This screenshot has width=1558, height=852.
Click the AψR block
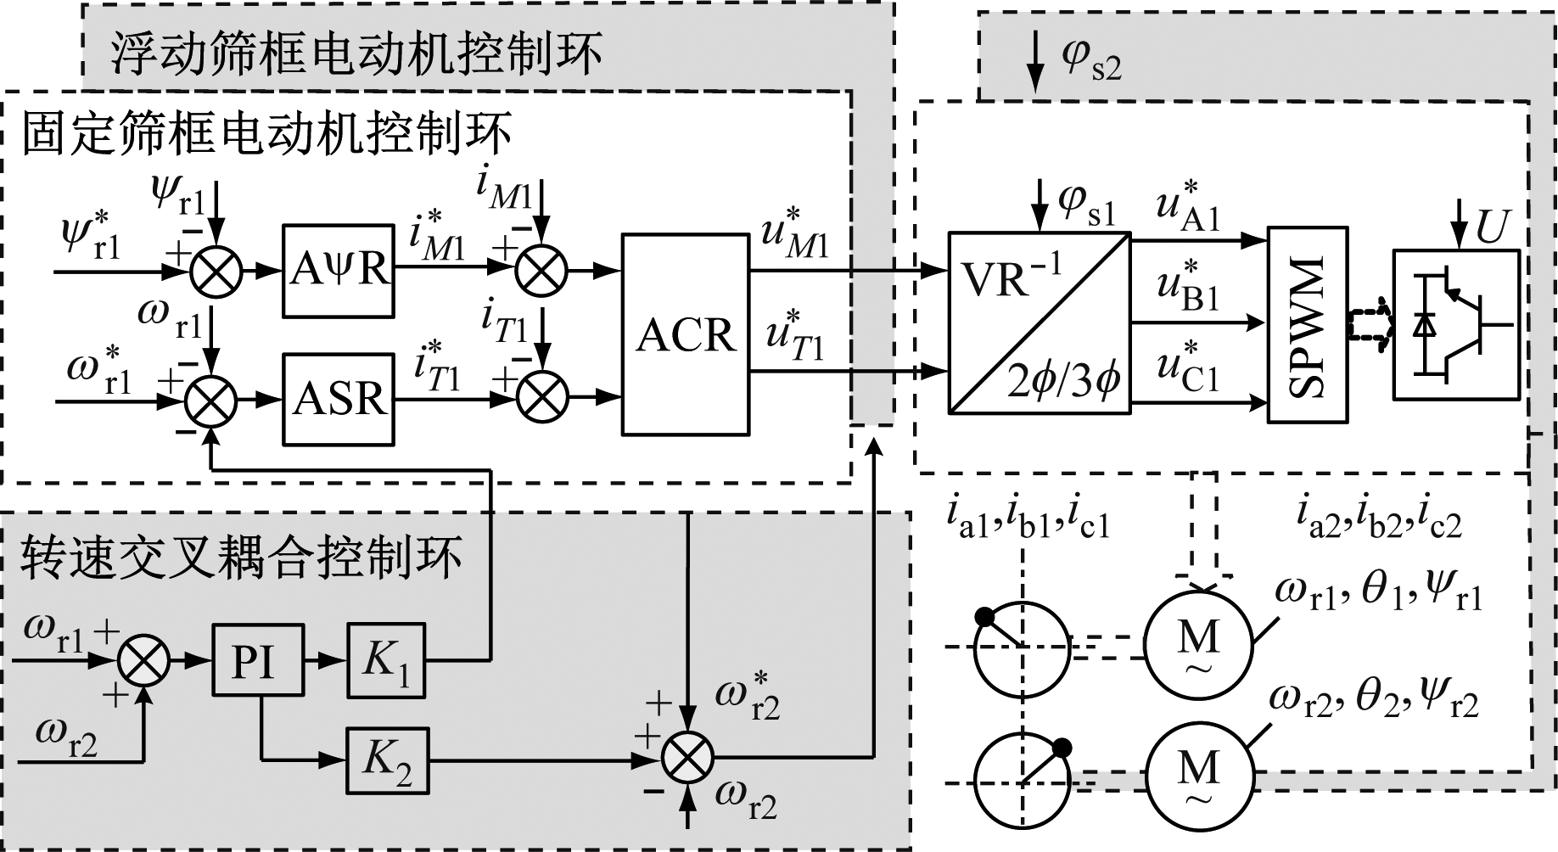point(338,271)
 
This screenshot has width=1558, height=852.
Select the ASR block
point(338,399)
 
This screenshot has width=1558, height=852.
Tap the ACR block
point(686,334)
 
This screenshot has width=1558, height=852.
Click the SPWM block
point(1308,325)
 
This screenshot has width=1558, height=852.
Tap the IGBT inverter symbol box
point(1456,323)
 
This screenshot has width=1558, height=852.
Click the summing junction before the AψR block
point(216,272)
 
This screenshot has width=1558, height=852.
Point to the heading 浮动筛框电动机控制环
point(356,53)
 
